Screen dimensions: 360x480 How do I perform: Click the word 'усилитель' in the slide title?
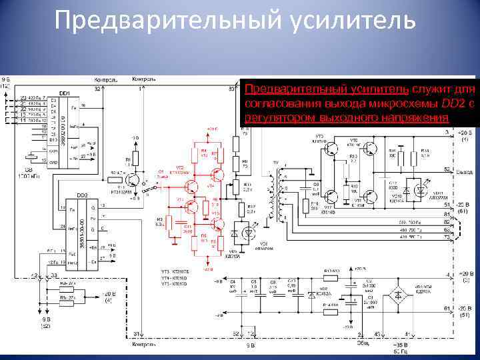pos(353,20)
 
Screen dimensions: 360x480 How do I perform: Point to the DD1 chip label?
pos(65,93)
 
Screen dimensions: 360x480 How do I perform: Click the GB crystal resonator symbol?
pos(31,158)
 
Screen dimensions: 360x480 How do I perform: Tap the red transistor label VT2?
pos(179,167)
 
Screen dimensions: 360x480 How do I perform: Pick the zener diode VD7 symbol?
pos(311,294)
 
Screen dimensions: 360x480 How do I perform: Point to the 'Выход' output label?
pos(464,171)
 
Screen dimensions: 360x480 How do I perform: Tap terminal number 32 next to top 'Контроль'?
pos(97,88)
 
